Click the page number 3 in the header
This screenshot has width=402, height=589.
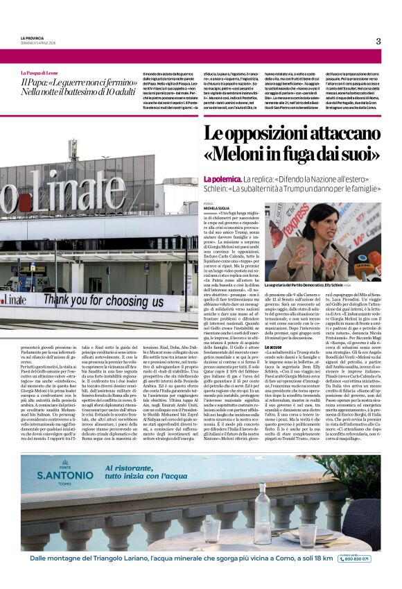(x=378, y=41)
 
